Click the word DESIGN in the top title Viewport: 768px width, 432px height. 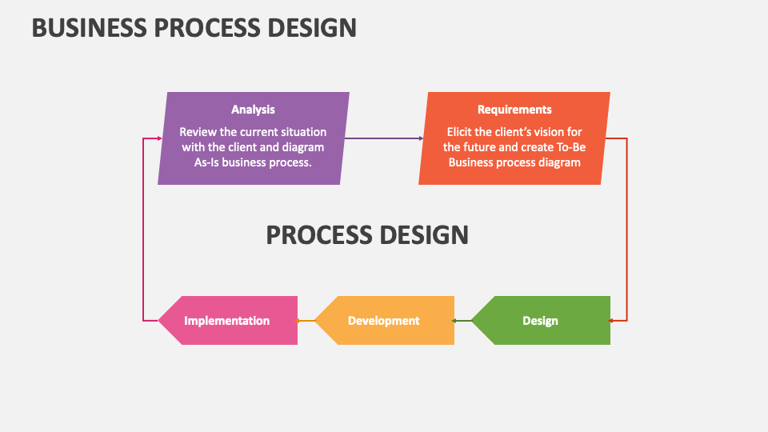coord(310,27)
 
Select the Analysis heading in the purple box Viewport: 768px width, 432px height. coord(253,110)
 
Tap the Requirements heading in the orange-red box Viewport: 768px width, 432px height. coord(514,110)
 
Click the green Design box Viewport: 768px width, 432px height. coord(540,321)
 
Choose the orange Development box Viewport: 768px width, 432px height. coord(383,321)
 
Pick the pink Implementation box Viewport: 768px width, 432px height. coord(227,321)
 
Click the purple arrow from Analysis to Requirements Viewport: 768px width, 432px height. coord(384,138)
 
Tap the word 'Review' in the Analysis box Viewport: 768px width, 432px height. coord(197,132)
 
